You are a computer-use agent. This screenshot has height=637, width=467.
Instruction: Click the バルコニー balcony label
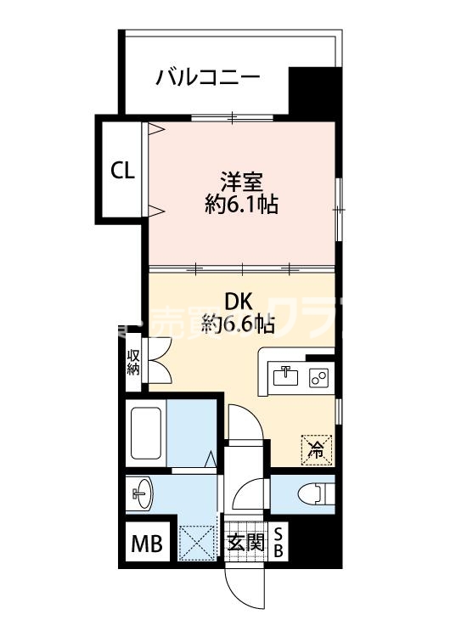pos(207,79)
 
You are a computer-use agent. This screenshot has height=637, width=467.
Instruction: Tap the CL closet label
pos(122,170)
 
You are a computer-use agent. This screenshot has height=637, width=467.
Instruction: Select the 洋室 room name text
pos(242,181)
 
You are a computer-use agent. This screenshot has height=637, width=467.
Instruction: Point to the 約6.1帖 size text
pos(242,205)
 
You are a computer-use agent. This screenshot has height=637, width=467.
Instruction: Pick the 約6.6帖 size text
pos(239,324)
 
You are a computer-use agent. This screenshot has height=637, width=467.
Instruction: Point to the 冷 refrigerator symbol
pos(315,448)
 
